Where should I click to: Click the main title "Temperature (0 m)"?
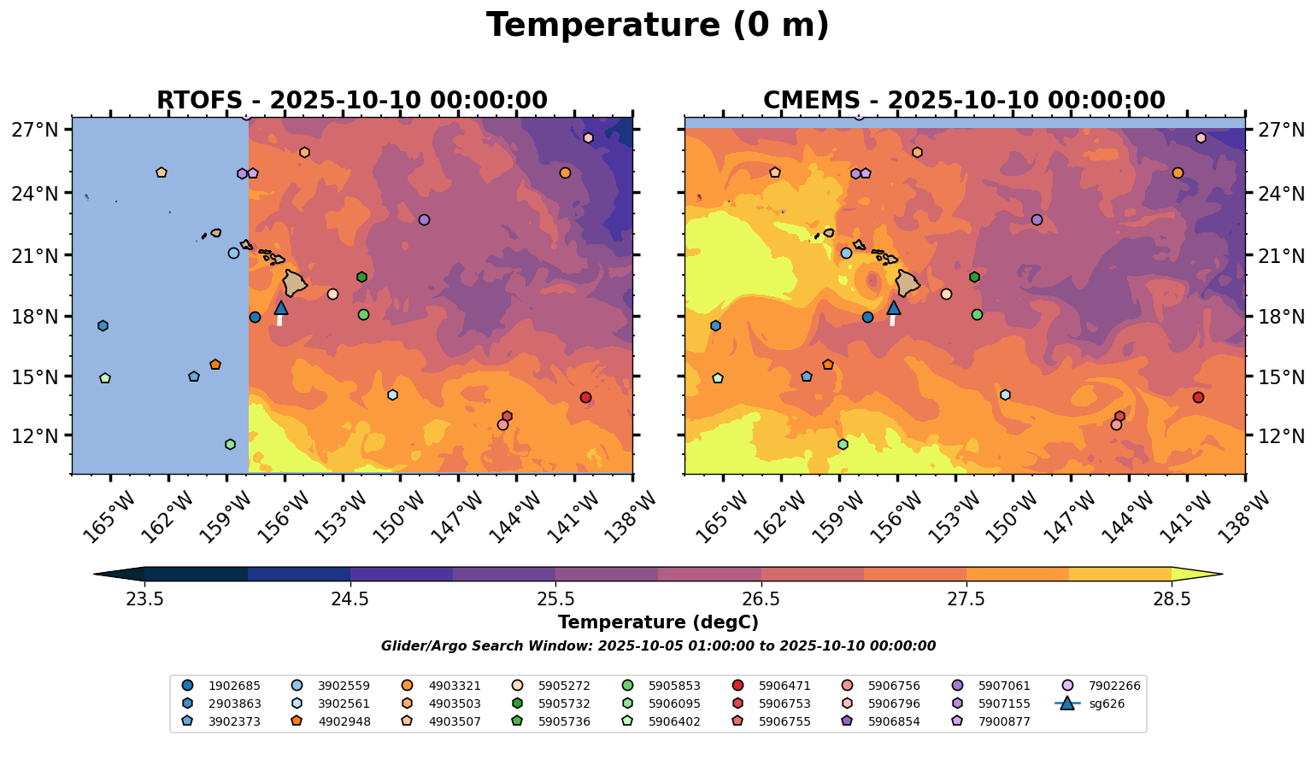point(657,26)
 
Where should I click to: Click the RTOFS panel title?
point(351,101)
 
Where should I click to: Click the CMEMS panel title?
point(964,101)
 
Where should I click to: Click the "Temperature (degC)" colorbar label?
point(657,622)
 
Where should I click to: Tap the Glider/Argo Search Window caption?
point(657,646)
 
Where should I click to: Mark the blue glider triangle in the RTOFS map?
point(280,308)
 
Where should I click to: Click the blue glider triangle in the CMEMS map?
point(893,308)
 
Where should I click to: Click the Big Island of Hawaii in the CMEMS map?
point(907,283)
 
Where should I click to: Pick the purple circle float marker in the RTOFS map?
point(424,219)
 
